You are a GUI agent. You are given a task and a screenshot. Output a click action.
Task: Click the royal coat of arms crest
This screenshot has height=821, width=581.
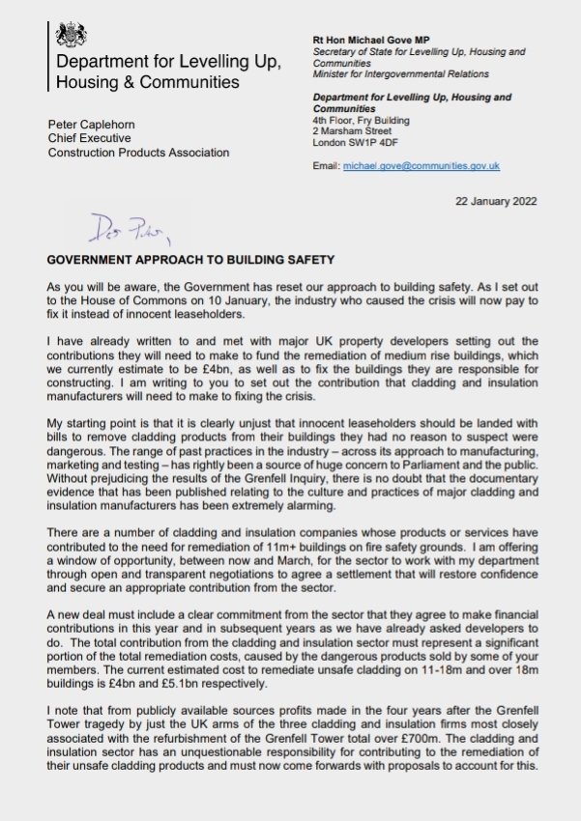tap(69, 36)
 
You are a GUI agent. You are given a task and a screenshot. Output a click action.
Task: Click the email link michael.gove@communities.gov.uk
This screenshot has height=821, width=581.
tap(421, 166)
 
